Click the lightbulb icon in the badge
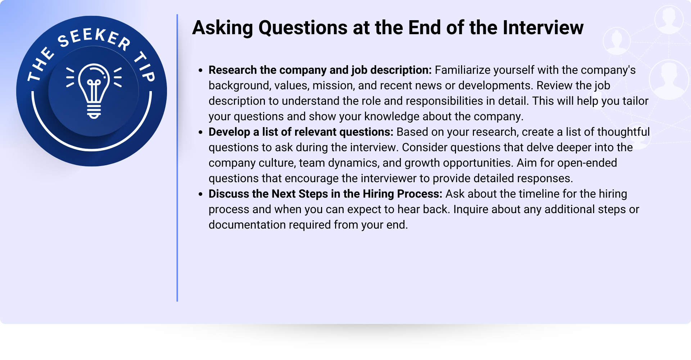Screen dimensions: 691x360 click(x=94, y=91)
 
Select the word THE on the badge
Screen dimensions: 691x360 click(x=41, y=64)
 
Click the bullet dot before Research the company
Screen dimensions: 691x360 click(x=201, y=71)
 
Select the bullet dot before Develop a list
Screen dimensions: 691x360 click(x=201, y=132)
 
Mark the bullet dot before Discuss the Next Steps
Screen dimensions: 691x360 click(x=201, y=194)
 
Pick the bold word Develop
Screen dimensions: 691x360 click(x=229, y=132)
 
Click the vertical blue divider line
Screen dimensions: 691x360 click(x=177, y=158)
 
